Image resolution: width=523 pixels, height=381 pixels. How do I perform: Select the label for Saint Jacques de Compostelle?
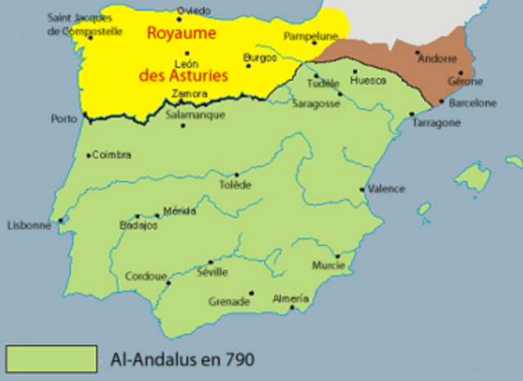(85, 25)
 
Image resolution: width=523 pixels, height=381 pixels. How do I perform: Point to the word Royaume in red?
(181, 34)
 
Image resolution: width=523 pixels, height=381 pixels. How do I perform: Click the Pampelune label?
(311, 36)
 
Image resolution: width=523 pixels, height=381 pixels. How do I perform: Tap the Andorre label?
(437, 59)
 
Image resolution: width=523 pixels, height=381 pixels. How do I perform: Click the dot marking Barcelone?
(442, 102)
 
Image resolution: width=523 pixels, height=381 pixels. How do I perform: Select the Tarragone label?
(436, 123)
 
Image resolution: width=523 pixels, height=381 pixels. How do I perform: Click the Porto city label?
(63, 119)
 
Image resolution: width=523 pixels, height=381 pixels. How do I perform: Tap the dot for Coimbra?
(88, 155)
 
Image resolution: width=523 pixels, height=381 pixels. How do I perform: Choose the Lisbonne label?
(29, 226)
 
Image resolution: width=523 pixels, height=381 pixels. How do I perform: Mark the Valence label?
(386, 189)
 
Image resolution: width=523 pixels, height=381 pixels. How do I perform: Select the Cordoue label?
(144, 276)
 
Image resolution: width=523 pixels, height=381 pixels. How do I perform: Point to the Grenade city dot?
(252, 293)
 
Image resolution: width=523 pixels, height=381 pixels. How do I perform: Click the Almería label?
(291, 298)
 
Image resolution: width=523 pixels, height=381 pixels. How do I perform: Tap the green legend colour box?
(50, 357)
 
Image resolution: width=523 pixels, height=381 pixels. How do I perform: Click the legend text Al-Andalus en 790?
(186, 358)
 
